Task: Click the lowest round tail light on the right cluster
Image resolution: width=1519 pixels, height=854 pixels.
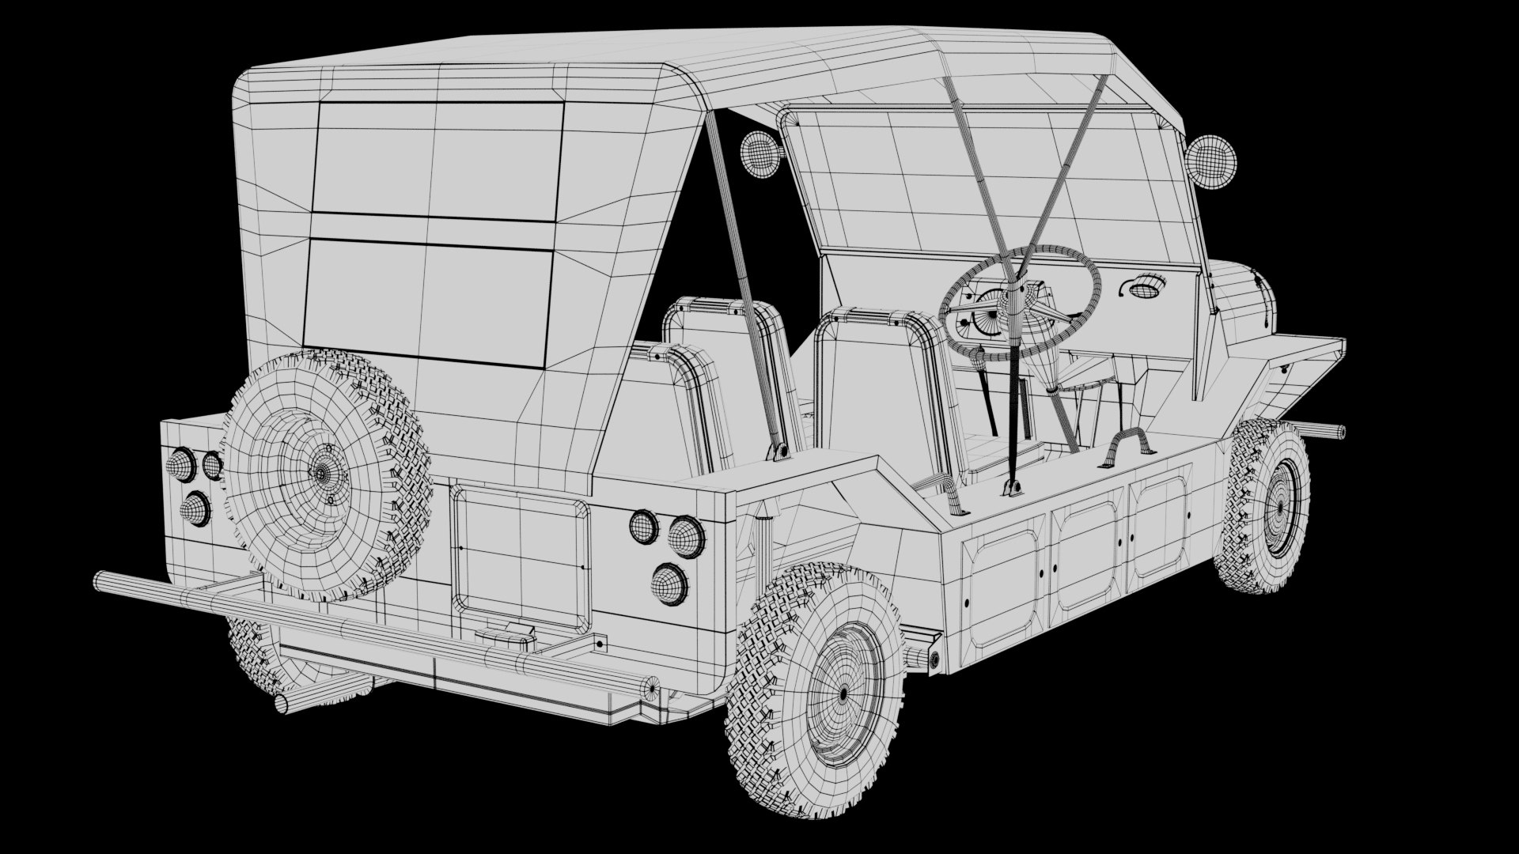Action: [x=669, y=584]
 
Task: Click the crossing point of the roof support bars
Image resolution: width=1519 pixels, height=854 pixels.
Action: [x=1021, y=261]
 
